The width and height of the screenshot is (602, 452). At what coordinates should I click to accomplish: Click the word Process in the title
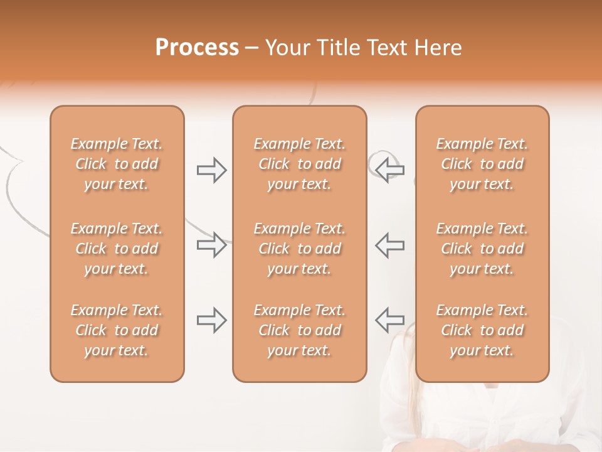[197, 48]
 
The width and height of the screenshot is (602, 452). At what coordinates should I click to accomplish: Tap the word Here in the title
[438, 48]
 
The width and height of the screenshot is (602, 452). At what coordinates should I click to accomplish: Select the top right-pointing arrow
[212, 170]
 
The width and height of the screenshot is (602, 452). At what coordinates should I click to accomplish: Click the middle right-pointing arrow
[212, 245]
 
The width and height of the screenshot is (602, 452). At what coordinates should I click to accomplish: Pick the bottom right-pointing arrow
[212, 320]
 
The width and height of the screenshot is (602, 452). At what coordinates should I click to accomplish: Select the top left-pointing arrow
[389, 169]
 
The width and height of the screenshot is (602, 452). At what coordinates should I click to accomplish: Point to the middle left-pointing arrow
[389, 245]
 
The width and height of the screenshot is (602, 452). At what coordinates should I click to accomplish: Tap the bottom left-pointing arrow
[389, 320]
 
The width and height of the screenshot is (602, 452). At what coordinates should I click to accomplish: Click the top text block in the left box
[117, 164]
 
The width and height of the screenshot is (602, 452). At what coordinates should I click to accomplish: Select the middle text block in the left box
[117, 249]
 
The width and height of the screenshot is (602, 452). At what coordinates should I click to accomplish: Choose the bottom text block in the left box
[117, 330]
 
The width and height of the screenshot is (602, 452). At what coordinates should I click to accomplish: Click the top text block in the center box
[300, 164]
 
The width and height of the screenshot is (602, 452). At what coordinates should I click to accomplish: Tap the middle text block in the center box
[300, 249]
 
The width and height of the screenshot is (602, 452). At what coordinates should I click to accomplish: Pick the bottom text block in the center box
[300, 330]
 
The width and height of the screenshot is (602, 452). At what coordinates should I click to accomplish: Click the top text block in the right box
[482, 164]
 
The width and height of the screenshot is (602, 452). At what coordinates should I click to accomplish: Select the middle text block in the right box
[482, 249]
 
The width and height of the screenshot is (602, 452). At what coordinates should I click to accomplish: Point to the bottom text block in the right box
[482, 330]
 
